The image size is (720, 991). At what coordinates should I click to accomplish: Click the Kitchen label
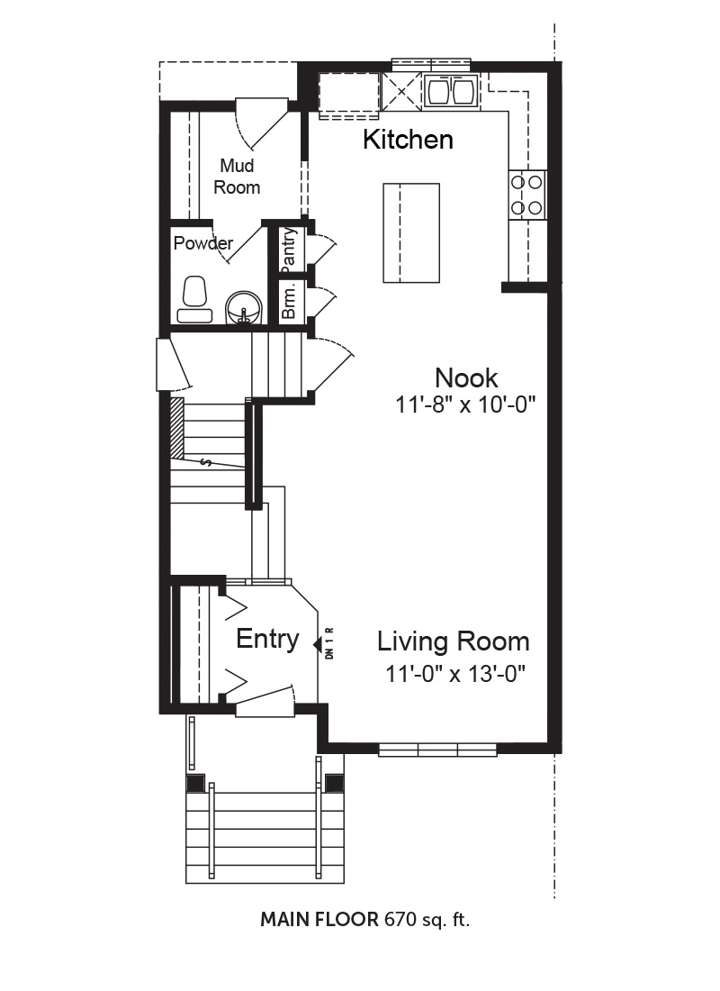tap(408, 139)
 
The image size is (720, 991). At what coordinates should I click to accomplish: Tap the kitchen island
tap(411, 232)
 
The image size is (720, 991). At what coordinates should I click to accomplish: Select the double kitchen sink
tap(451, 90)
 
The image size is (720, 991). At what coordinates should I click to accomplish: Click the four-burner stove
tap(526, 195)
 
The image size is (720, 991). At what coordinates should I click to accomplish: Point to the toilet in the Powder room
tap(194, 300)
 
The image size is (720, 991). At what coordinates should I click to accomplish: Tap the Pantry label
tap(289, 249)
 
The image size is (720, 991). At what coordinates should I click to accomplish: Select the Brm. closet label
tap(289, 301)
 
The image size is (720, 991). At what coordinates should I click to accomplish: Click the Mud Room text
tap(237, 177)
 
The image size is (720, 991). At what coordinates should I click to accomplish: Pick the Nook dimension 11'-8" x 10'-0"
tap(465, 404)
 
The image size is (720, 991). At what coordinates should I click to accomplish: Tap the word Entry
tap(267, 639)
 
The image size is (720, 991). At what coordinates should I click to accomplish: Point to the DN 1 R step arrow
tap(318, 644)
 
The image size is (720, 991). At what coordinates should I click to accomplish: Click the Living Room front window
tap(437, 750)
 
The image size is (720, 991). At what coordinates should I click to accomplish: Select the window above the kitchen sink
tap(431, 65)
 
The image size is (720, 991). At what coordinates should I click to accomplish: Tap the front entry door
tap(265, 702)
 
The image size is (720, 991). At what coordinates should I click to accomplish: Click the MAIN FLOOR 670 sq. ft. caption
tap(365, 920)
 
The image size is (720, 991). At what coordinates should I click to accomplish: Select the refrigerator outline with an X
tap(401, 91)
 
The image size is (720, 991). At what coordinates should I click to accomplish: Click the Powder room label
tap(203, 243)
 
